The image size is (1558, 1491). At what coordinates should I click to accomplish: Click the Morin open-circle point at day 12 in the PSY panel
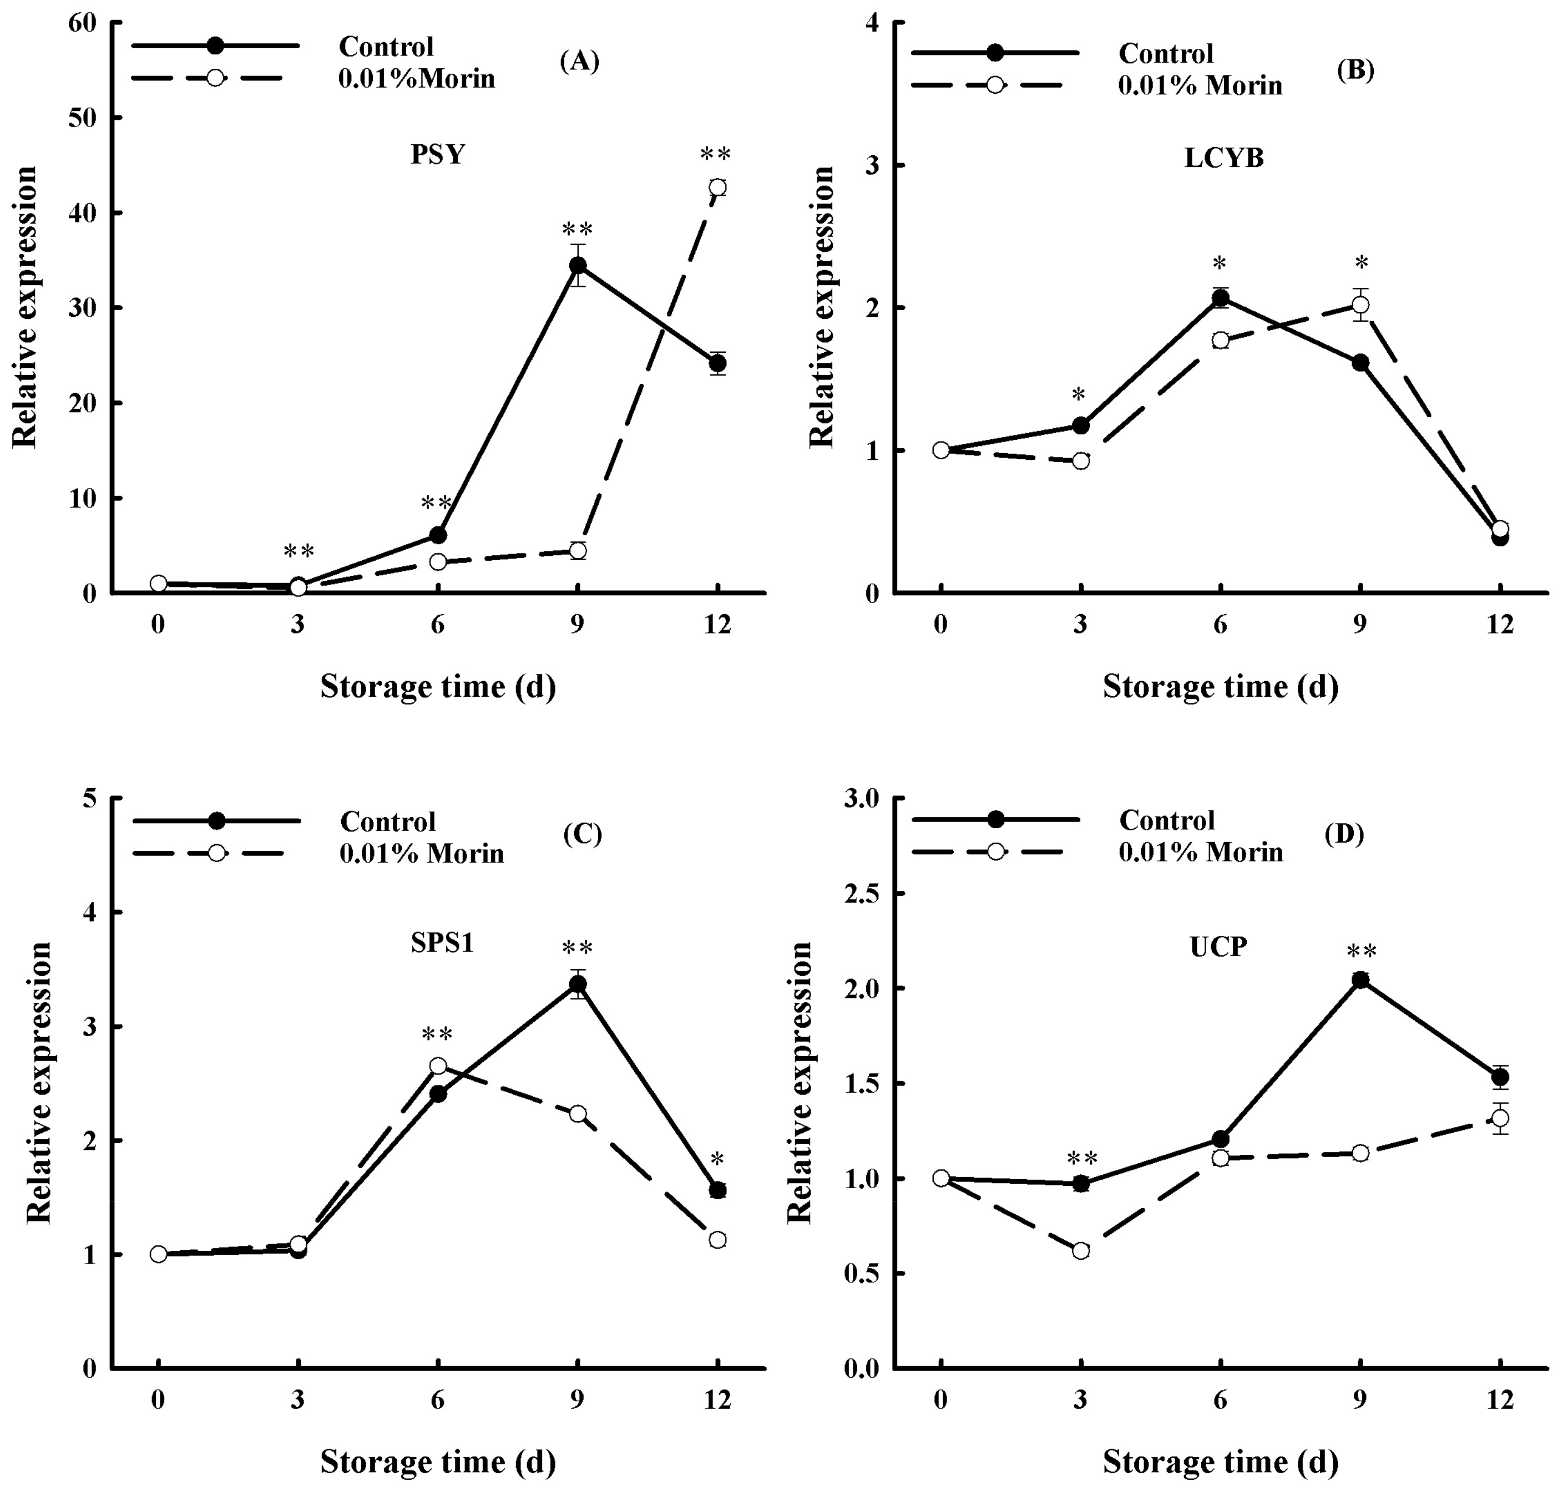coord(717,187)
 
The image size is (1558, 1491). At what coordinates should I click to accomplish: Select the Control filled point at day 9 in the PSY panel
coord(578,265)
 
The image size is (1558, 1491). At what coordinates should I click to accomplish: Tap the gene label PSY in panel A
coord(437,154)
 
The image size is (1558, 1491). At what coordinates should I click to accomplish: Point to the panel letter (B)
coord(1355,70)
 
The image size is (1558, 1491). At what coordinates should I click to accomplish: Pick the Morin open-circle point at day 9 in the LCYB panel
coord(1360,305)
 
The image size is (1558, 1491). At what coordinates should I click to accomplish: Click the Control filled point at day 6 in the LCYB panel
coord(1220,298)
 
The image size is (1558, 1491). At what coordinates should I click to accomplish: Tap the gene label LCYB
coord(1224,158)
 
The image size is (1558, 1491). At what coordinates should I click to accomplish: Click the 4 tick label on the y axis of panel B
coord(873,24)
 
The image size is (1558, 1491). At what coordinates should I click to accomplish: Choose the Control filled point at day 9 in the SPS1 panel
coord(578,984)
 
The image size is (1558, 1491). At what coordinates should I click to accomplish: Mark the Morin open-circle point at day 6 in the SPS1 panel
coord(438,1066)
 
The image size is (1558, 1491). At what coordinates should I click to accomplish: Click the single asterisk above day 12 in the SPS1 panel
coord(717,1158)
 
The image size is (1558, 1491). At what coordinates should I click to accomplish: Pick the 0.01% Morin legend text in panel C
coord(421,853)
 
